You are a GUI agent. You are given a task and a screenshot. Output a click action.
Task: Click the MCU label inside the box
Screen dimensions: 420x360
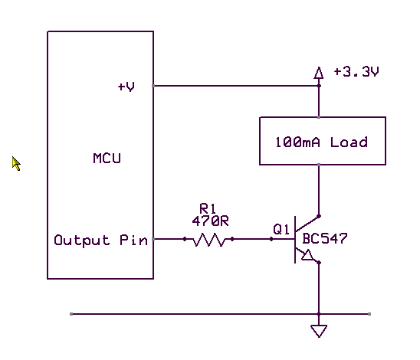(x=107, y=159)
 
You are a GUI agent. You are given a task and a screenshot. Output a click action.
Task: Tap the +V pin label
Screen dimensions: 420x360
(x=126, y=87)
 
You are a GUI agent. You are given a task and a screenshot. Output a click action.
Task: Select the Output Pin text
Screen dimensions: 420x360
(x=100, y=240)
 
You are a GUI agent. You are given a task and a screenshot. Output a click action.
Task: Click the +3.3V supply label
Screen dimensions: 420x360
(x=356, y=72)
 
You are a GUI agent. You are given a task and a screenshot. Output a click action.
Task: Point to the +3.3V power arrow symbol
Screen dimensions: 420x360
(x=319, y=73)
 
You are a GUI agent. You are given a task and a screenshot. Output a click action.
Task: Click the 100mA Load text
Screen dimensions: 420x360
(x=321, y=142)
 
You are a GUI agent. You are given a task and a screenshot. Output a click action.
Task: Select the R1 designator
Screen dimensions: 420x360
(x=208, y=208)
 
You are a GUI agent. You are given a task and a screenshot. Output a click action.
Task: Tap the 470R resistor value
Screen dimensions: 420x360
(x=211, y=221)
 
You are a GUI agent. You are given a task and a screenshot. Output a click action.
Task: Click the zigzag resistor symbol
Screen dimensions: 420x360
(x=209, y=239)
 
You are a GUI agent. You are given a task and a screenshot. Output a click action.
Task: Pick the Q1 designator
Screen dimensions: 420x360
(x=281, y=229)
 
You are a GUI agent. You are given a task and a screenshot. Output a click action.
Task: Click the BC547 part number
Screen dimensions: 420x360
(x=325, y=238)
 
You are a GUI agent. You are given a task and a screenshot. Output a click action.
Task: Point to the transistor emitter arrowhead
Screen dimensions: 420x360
(x=307, y=255)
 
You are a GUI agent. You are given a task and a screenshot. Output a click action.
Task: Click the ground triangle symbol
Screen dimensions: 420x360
(x=319, y=331)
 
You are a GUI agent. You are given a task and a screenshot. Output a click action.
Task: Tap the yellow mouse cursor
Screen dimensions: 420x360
(x=15, y=163)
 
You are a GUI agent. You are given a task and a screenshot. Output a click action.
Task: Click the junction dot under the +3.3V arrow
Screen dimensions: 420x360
(x=319, y=86)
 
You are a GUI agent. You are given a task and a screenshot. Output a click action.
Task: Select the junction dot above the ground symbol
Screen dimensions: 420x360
(x=319, y=314)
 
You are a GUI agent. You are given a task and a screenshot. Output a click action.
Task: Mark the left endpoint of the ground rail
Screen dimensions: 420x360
(x=71, y=314)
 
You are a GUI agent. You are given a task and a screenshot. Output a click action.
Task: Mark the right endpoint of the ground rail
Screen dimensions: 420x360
(x=369, y=314)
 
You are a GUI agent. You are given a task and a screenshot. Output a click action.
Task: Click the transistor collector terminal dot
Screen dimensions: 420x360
(x=319, y=216)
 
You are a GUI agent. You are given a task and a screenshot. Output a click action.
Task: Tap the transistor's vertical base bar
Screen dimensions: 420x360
(x=295, y=240)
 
